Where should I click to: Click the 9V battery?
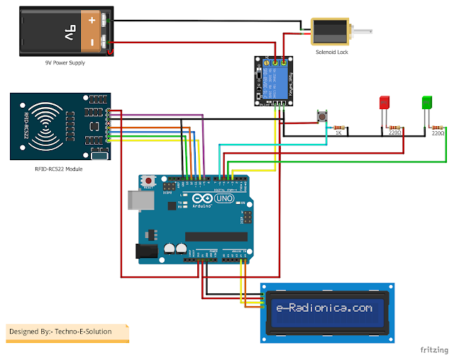(64, 32)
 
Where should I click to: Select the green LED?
(427, 102)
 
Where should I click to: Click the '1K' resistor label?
(339, 133)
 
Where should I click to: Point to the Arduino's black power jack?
(146, 250)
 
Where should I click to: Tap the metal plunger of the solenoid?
(362, 32)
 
